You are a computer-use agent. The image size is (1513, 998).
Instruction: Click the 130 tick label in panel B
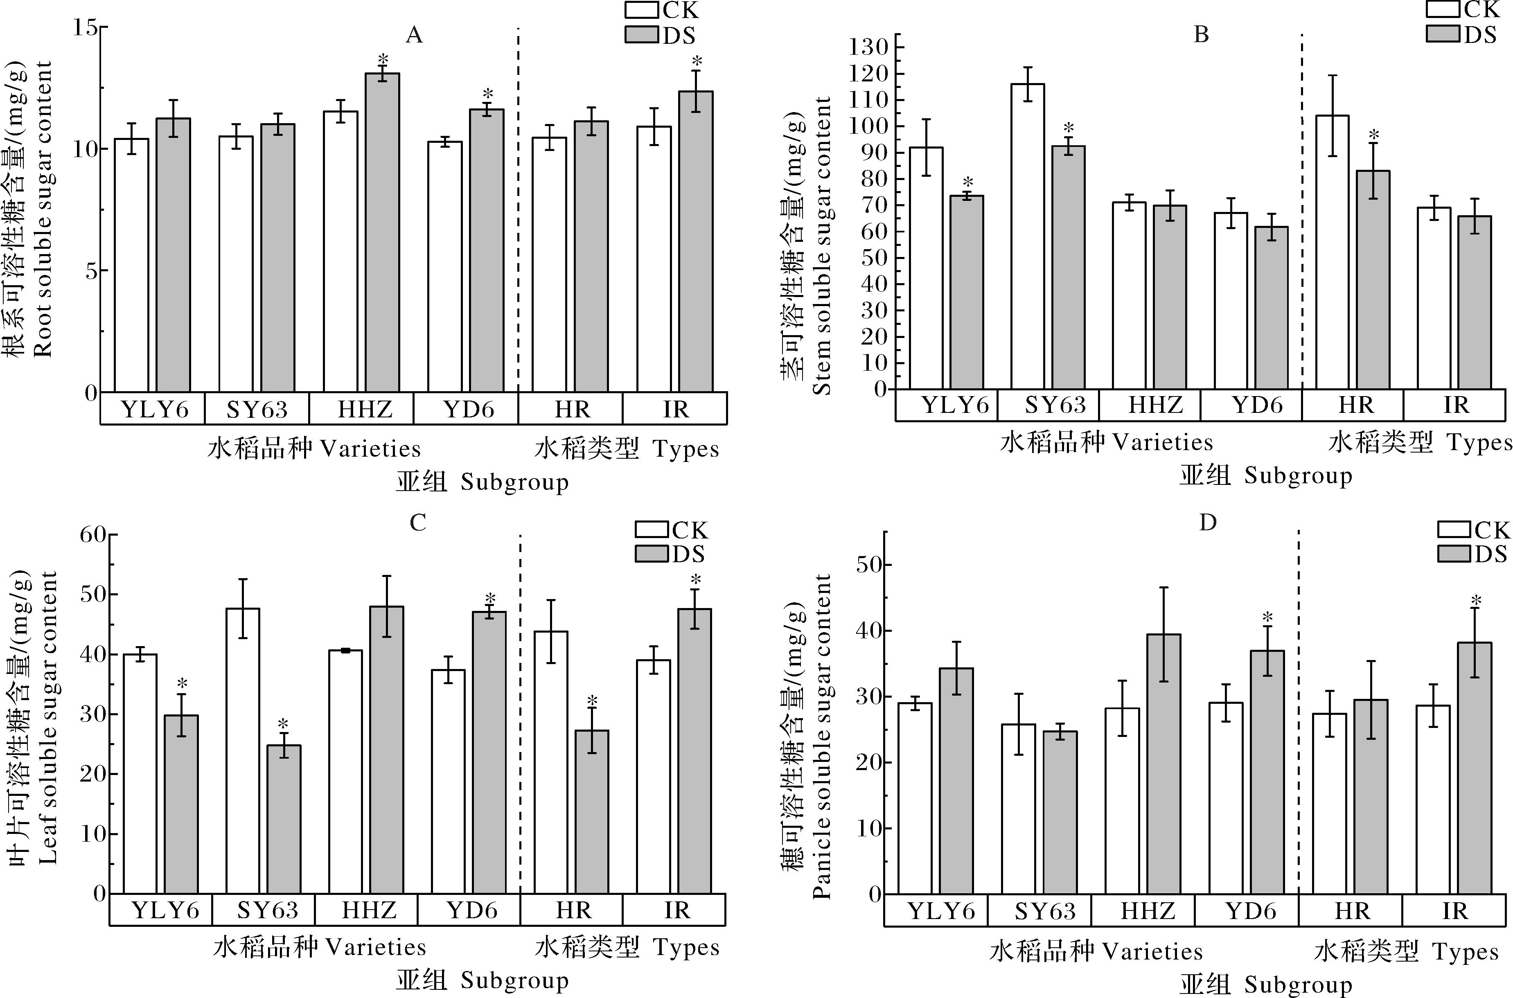pos(871,47)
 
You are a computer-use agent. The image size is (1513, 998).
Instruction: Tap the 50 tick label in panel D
pos(870,565)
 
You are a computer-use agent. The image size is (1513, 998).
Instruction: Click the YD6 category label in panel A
pos(469,409)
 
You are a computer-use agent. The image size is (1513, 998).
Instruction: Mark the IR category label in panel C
pos(676,910)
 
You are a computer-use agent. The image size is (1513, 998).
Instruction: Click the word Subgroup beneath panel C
pos(514,980)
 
